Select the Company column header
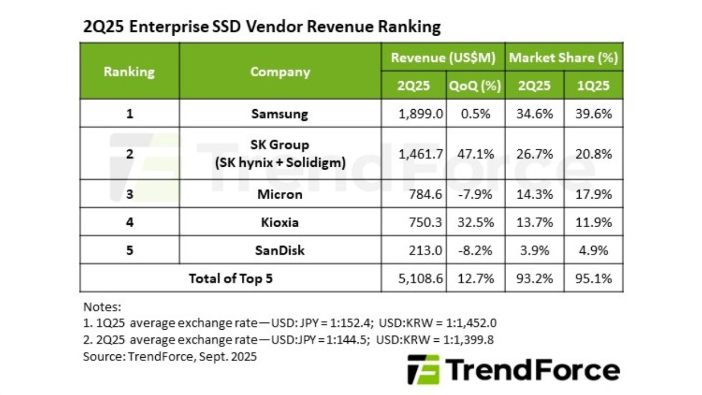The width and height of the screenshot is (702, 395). click(x=280, y=72)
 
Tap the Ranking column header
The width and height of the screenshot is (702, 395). click(x=129, y=72)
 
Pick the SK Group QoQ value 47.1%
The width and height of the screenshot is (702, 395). click(x=475, y=154)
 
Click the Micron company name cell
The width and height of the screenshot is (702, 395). click(x=280, y=195)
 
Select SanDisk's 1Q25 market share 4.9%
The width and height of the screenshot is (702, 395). click(x=593, y=251)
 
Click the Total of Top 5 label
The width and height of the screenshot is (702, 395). click(x=230, y=279)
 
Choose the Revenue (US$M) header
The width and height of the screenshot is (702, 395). click(x=443, y=58)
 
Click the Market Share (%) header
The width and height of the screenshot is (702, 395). click(x=563, y=58)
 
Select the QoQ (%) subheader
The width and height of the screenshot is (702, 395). click(x=475, y=86)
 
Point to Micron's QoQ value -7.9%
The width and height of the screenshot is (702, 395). click(x=475, y=195)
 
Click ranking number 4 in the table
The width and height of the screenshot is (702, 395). click(x=129, y=222)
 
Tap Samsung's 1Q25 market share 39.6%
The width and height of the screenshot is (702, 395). click(x=593, y=114)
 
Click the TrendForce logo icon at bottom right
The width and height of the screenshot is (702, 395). click(x=423, y=369)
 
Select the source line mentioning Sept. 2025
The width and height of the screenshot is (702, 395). click(x=169, y=357)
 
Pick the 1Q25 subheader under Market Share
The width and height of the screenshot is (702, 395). click(x=593, y=86)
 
